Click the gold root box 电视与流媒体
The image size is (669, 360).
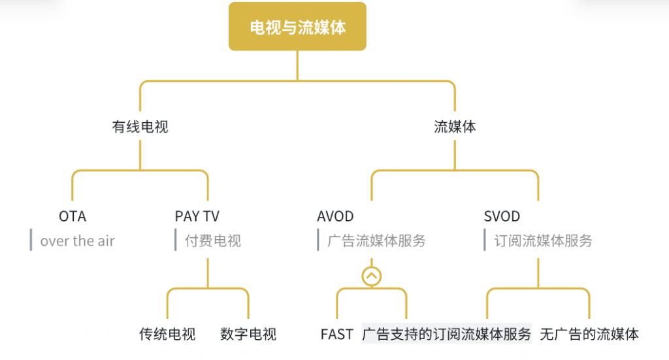[x=297, y=26]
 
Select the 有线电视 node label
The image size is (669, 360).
[x=140, y=127]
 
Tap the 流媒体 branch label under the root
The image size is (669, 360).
[x=455, y=127]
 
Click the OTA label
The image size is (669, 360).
[x=73, y=216]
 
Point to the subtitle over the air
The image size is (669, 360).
[x=78, y=241]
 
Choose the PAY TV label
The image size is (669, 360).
[x=197, y=216]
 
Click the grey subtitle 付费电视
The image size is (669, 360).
[x=213, y=241]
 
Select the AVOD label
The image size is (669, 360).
[x=335, y=216]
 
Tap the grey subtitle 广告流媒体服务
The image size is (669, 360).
[x=377, y=241]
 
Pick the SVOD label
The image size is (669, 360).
[x=502, y=216]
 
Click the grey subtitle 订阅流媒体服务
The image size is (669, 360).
[x=543, y=241]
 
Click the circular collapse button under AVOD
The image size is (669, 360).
[x=372, y=276]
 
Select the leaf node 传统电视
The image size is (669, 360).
[x=167, y=334]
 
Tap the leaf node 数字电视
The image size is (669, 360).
[x=248, y=334]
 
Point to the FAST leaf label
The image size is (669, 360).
[x=337, y=334]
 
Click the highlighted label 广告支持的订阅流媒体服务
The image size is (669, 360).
[x=447, y=334]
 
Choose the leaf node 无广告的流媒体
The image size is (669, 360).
[x=589, y=334]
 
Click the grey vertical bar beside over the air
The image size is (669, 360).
[x=31, y=240]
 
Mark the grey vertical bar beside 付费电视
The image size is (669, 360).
[x=176, y=240]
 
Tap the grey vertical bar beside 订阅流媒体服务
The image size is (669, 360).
[x=485, y=240]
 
